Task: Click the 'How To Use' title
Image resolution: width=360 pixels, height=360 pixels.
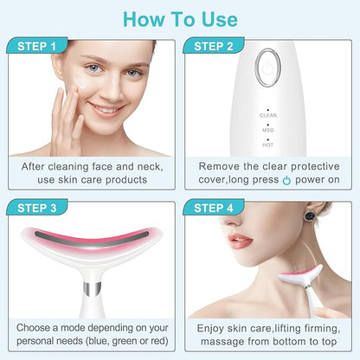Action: point(180,20)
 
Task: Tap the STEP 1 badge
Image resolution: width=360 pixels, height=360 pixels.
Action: point(37,46)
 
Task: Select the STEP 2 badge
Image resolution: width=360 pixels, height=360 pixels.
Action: point(214,46)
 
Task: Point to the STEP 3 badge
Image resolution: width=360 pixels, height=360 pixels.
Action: point(37,208)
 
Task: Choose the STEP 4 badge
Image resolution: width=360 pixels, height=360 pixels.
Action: point(214,208)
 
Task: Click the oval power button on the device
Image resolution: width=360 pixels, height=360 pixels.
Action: point(268,67)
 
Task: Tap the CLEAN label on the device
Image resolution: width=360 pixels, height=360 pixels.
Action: point(268,115)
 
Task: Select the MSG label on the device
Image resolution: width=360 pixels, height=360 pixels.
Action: point(268,130)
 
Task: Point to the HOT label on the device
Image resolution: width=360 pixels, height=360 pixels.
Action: point(268,145)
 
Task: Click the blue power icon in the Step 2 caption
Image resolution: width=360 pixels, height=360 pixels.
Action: point(286,180)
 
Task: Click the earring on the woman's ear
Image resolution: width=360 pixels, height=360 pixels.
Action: point(310,215)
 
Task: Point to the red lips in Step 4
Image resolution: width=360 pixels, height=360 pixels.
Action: point(240,240)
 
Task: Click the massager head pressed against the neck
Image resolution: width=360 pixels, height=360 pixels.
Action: point(300,275)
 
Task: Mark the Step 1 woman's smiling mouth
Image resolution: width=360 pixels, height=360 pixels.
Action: point(106,109)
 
